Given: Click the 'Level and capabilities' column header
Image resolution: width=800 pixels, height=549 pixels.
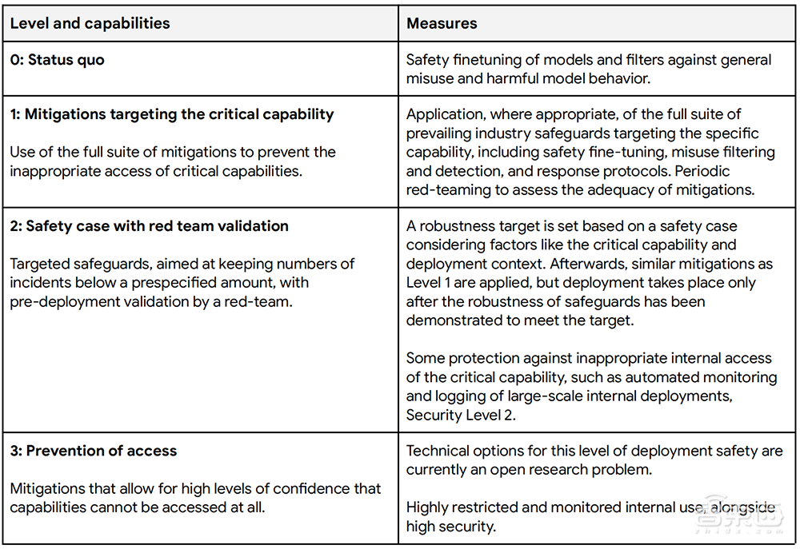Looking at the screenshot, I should pos(90,23).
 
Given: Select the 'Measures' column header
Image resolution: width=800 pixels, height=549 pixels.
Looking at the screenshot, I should pos(442,23).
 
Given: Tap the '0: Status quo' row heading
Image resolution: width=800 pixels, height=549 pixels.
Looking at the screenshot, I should pos(57,60).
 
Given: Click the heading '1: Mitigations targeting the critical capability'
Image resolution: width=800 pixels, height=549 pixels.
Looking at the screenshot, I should pos(172,114).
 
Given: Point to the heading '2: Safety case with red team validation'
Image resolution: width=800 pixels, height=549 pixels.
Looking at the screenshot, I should pos(149,226).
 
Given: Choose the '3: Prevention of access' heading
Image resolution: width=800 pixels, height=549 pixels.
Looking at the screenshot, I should pos(93,451).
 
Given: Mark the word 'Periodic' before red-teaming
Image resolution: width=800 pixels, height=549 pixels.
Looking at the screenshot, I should pos(702,170).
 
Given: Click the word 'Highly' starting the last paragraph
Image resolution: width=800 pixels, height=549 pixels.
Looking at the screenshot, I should pos(428,507).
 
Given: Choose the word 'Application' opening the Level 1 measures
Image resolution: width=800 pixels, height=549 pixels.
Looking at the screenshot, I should pos(445,114).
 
